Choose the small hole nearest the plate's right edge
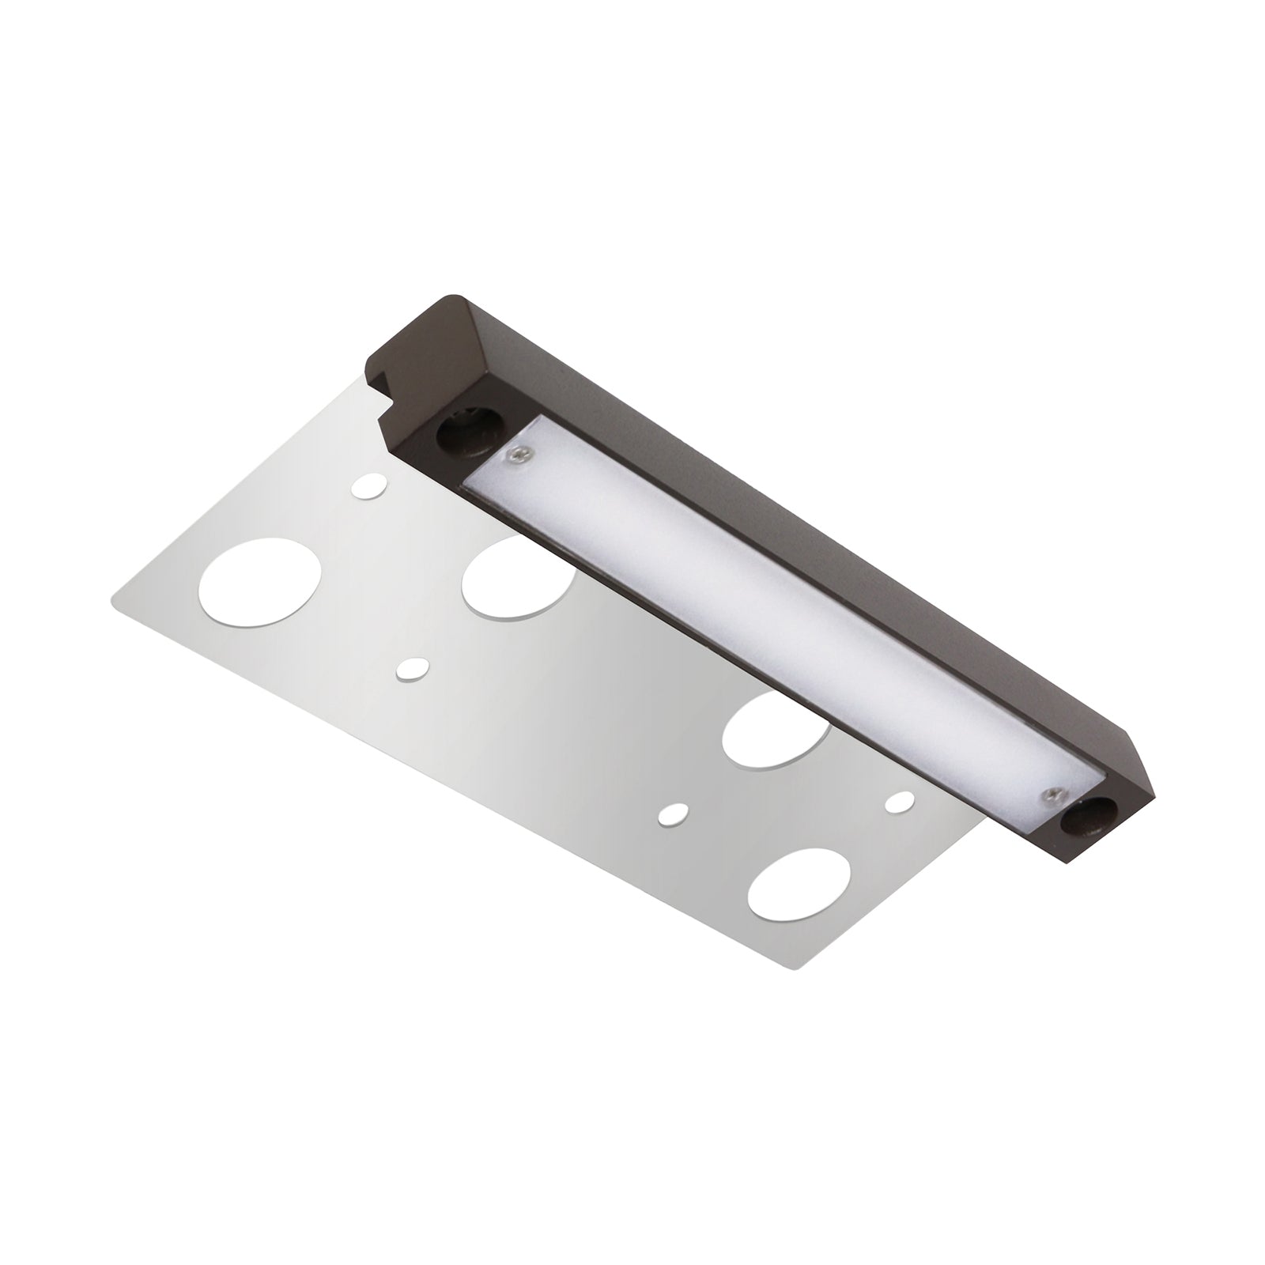[x=896, y=803]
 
